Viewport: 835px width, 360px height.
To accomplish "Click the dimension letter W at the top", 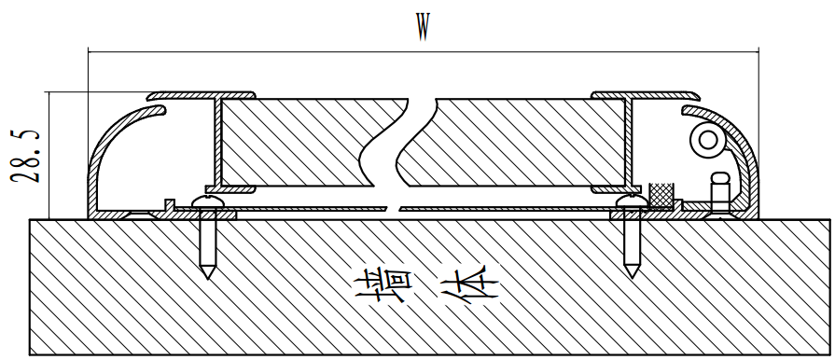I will [x=423, y=29].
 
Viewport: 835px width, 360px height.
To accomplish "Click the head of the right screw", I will [x=631, y=201].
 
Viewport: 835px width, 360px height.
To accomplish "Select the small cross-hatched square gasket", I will [x=661, y=195].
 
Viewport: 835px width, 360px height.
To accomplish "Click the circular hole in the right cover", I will [x=706, y=140].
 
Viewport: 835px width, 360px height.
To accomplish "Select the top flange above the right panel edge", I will [x=644, y=95].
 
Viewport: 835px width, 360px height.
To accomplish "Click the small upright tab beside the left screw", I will [x=168, y=204].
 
